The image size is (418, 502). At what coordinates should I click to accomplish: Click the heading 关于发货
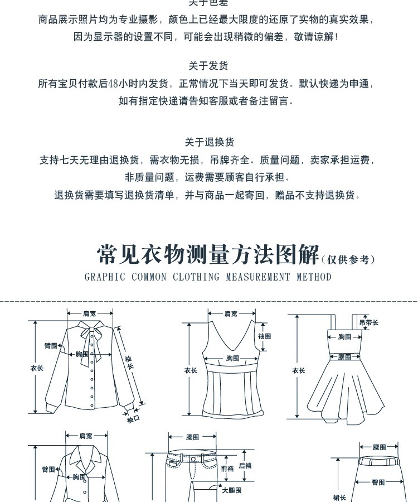pos(208,66)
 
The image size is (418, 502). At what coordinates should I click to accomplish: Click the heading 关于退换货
pos(209,142)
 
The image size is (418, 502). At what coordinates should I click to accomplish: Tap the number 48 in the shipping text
pos(113,84)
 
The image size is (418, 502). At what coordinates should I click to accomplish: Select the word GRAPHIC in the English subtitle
pos(105,277)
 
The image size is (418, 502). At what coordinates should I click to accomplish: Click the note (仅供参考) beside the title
pos(349,259)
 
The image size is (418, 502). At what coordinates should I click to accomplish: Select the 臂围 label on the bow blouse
pos(51,346)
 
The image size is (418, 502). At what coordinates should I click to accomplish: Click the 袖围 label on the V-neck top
pos(264,336)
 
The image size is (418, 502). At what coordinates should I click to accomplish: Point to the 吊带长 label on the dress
pos(368,322)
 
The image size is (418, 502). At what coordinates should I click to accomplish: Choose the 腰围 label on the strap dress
pos(345,357)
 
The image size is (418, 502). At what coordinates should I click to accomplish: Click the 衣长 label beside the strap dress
pos(299,370)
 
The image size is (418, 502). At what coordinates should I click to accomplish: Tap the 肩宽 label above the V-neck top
pos(231,314)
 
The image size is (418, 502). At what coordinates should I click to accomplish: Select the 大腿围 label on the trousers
pos(231,490)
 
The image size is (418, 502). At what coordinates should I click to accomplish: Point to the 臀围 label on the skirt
pos(378,482)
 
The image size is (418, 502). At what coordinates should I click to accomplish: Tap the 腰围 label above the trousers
pos(192,438)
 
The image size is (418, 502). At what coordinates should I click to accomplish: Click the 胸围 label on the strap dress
pos(345,337)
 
